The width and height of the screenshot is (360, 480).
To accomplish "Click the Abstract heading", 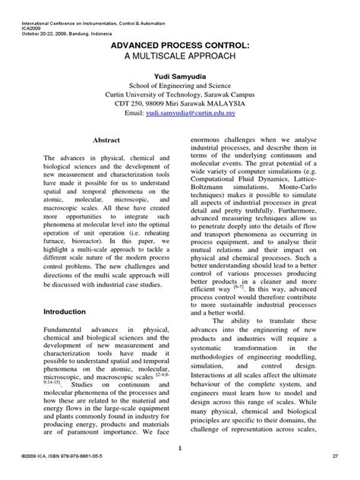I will (106, 120).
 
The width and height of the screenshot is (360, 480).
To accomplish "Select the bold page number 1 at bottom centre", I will (180, 449).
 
